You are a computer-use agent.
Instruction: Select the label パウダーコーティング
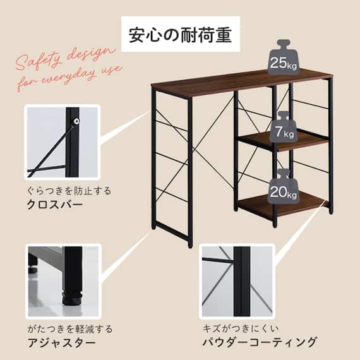[259, 343]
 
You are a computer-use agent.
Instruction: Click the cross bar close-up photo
[63, 143]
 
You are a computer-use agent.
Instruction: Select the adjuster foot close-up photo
[63, 281]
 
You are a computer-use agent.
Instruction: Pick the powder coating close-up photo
[237, 281]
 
